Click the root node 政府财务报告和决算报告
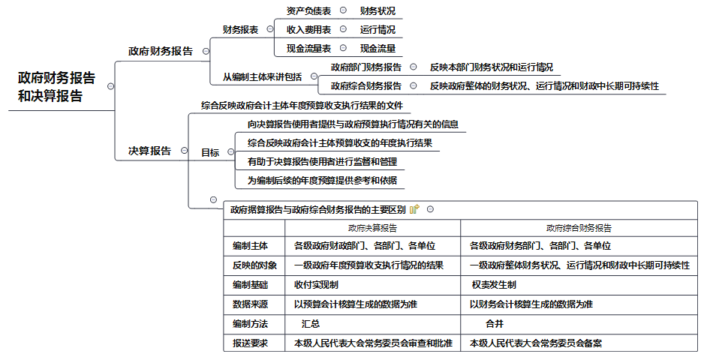point(56,87)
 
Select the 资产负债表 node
point(308,11)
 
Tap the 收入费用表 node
point(308,30)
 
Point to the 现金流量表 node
point(308,48)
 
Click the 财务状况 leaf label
point(378,11)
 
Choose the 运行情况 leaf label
point(378,30)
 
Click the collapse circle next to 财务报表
point(270,29)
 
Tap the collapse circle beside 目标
point(231,152)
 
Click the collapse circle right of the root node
point(110,86)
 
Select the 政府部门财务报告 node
point(366,67)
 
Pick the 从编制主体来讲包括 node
point(263,77)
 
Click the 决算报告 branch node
point(150,151)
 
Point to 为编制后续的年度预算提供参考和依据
point(323,180)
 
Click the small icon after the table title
point(414,209)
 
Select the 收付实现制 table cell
point(317,285)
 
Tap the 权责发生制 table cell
point(494,285)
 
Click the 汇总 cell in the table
point(311,324)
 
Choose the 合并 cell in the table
point(495,324)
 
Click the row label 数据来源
point(250,304)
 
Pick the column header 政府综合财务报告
point(579,228)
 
